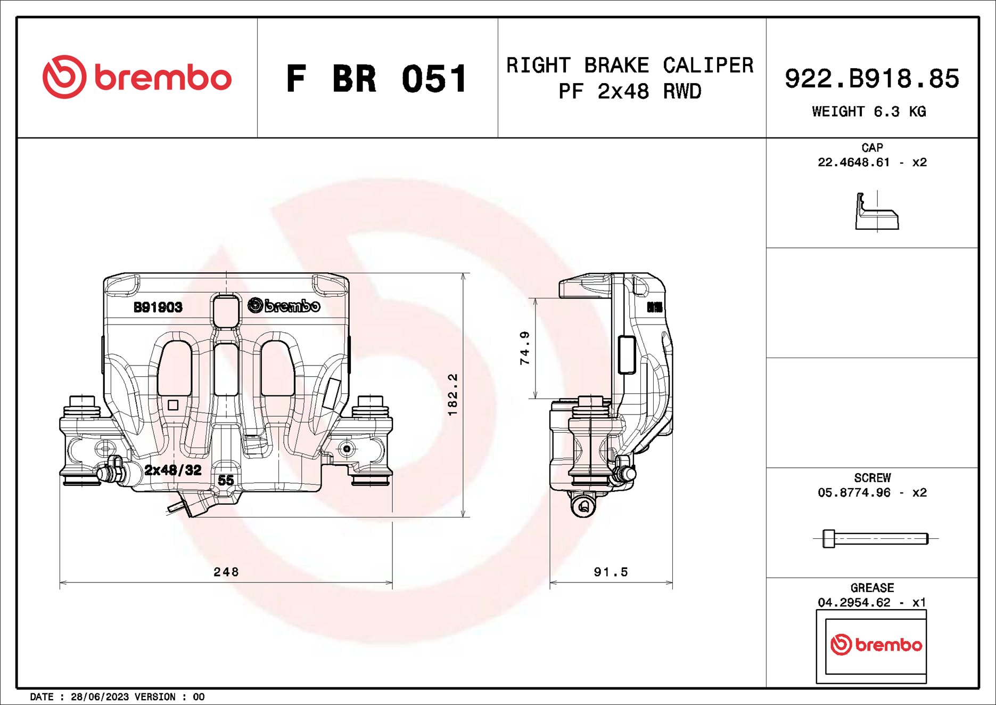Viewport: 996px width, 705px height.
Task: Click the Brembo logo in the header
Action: click(137, 77)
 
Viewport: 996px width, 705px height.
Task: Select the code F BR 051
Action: click(376, 79)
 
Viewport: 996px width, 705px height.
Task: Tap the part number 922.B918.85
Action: click(871, 79)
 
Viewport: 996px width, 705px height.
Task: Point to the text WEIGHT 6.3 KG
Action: click(869, 112)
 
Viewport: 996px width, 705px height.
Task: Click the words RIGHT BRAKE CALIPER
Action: click(630, 66)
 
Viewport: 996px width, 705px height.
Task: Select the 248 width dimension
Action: click(226, 572)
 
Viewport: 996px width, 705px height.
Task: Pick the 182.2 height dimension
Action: click(452, 395)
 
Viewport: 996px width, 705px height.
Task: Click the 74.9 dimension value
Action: click(525, 348)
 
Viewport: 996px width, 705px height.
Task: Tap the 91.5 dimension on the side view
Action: click(611, 572)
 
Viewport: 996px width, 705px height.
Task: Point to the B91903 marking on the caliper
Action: click(158, 307)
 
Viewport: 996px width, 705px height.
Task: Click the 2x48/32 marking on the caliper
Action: click(173, 470)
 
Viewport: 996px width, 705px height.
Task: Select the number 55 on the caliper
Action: click(226, 480)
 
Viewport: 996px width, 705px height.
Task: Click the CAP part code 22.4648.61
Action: click(853, 163)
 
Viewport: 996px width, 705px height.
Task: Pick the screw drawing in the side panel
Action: click(875, 539)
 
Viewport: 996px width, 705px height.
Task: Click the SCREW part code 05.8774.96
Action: click(853, 493)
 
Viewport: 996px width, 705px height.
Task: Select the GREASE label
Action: click(872, 588)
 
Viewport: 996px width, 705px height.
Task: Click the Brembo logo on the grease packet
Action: click(876, 645)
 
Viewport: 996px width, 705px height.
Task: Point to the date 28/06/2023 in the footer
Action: click(100, 697)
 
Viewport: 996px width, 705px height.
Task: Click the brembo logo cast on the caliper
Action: click(284, 306)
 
